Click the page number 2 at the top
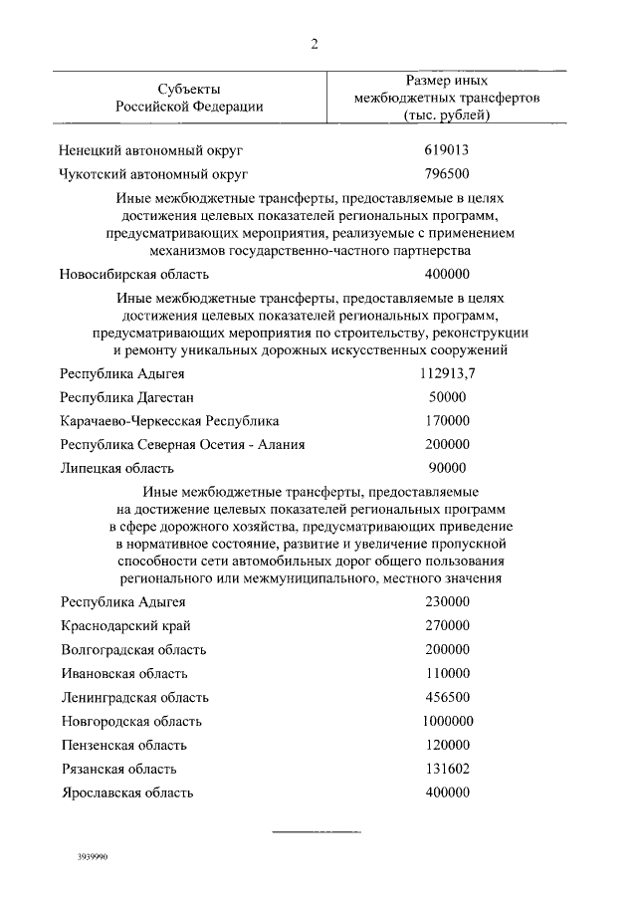[x=314, y=43]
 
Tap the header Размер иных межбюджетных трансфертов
[x=447, y=98]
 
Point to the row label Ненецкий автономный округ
[x=151, y=151]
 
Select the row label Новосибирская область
[x=133, y=275]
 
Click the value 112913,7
[x=447, y=374]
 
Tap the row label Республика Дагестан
[x=122, y=397]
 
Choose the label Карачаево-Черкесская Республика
[x=169, y=421]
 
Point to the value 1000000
[x=447, y=721]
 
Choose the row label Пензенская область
[x=123, y=746]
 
